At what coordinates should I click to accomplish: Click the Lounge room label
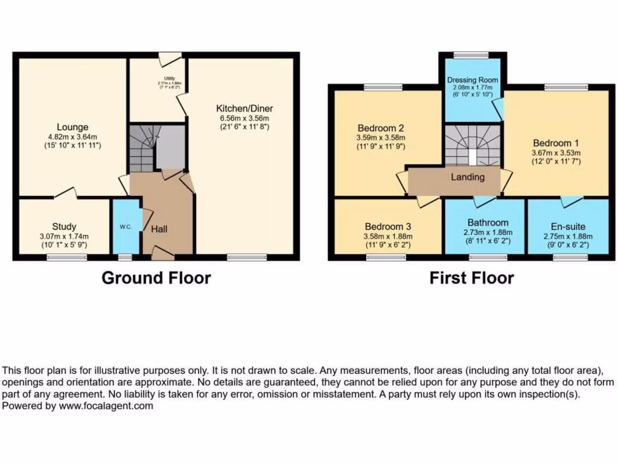click(72, 127)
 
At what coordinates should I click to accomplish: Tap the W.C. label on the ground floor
click(126, 227)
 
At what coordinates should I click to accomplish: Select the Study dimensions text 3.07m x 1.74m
click(64, 236)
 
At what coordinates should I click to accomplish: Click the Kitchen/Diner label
click(244, 109)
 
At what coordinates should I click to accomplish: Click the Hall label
click(159, 229)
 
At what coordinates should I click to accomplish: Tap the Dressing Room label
click(473, 80)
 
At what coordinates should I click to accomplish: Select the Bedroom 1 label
click(556, 143)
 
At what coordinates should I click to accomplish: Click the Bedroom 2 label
click(380, 128)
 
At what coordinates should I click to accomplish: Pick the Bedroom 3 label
click(387, 225)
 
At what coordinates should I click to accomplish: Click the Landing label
click(468, 177)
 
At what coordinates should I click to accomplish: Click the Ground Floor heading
click(156, 278)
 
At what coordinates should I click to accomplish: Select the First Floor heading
click(471, 278)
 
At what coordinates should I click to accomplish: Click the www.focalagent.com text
click(106, 406)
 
